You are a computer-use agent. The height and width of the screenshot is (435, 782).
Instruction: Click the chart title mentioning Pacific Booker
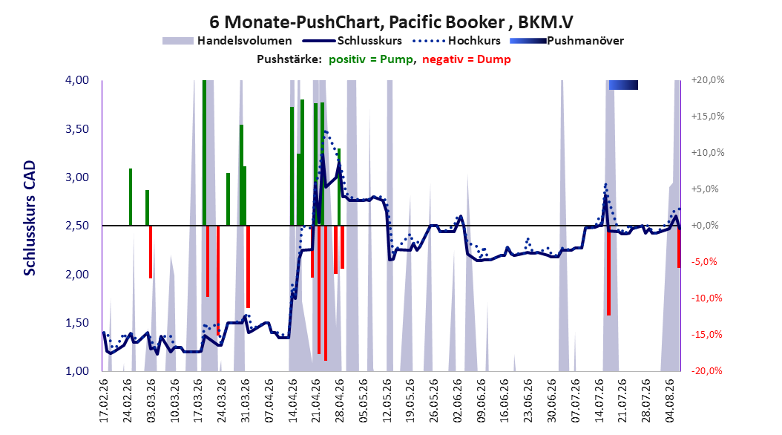[x=392, y=22]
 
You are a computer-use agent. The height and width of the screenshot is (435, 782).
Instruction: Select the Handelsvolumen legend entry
[x=228, y=41]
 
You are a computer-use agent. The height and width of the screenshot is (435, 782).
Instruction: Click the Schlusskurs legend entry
[x=352, y=41]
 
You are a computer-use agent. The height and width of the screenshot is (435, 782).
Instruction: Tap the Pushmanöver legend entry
[x=567, y=41]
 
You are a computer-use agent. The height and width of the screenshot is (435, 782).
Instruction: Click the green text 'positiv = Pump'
[x=371, y=59]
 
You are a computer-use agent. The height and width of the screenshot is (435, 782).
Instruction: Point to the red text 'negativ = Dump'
[x=467, y=59]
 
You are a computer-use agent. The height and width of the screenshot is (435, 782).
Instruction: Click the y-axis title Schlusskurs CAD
[x=30, y=218]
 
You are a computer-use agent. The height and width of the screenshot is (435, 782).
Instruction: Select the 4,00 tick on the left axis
[x=77, y=80]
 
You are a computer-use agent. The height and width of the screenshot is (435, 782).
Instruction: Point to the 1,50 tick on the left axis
[x=77, y=323]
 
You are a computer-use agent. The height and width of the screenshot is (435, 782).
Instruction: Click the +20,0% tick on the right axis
[x=708, y=80]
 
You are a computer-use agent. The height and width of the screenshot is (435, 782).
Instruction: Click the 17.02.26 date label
[x=104, y=401]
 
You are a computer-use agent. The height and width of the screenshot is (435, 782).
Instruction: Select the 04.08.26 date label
[x=670, y=401]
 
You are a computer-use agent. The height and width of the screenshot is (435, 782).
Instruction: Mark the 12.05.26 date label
[x=387, y=401]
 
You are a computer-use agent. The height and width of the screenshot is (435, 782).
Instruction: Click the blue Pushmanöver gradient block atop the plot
[x=623, y=85]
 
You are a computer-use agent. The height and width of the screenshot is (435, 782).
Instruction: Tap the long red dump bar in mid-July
[x=608, y=270]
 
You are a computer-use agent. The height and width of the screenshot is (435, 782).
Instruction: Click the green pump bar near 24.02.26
[x=131, y=197]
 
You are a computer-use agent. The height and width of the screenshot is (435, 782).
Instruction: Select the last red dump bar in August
[x=679, y=247]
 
